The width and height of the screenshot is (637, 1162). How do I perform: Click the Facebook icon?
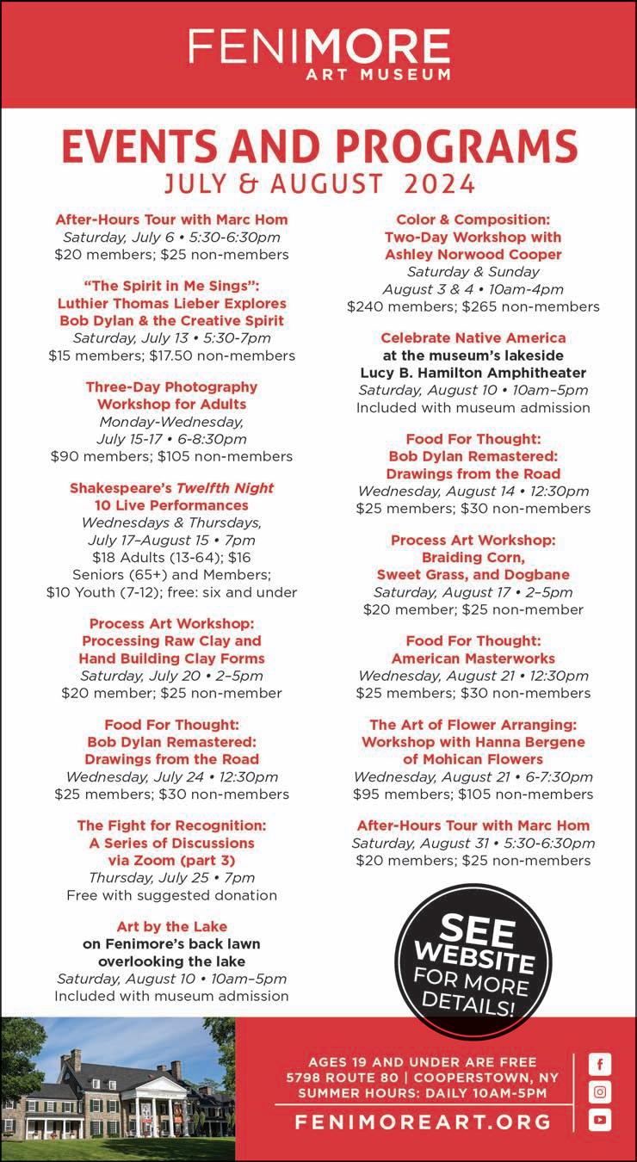pyautogui.click(x=600, y=1064)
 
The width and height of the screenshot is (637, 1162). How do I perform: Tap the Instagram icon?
pyautogui.click(x=600, y=1091)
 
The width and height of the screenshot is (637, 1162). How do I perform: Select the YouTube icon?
pyautogui.click(x=600, y=1120)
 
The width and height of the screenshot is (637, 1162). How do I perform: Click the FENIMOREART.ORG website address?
pyautogui.click(x=423, y=1122)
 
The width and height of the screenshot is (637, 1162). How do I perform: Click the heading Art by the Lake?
pyautogui.click(x=171, y=926)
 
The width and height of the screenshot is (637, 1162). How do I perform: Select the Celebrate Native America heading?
pyautogui.click(x=473, y=337)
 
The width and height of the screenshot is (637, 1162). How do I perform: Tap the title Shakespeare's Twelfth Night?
pyautogui.click(x=171, y=487)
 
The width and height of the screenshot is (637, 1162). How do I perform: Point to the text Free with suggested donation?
pyautogui.click(x=171, y=895)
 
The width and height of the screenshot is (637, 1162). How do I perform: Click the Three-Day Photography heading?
pyautogui.click(x=171, y=386)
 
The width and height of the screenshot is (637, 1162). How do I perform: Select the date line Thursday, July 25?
pyautogui.click(x=171, y=877)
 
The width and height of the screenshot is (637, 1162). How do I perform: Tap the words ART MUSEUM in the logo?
pyautogui.click(x=378, y=74)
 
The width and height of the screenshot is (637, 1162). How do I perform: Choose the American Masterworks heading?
pyautogui.click(x=473, y=658)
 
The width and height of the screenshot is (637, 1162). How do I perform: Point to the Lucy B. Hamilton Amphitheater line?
pyautogui.click(x=473, y=373)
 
